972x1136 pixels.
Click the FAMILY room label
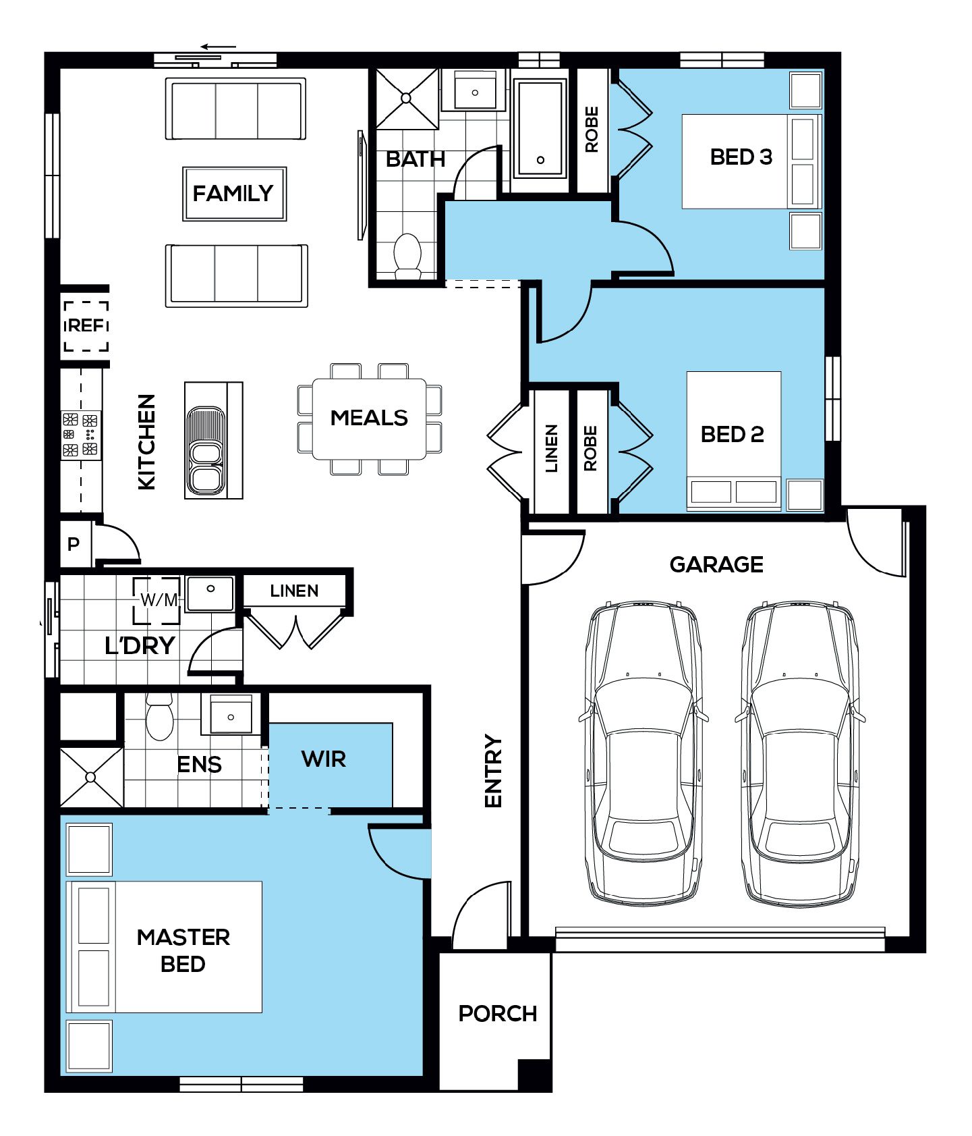233,194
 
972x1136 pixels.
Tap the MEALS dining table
369,418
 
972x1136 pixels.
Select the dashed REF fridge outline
86,326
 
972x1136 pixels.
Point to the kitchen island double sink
206,450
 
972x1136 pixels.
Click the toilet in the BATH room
407,255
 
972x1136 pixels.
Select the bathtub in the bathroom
540,128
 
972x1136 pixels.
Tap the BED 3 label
741,157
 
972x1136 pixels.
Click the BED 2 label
733,434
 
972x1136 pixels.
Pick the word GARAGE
716,564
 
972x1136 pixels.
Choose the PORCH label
498,1013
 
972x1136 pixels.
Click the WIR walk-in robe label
324,759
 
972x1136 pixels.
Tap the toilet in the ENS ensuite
160,718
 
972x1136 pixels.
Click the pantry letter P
74,544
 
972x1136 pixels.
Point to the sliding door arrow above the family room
219,47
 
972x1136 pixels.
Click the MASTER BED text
183,950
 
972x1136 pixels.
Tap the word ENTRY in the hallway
494,771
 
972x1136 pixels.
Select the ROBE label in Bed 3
592,130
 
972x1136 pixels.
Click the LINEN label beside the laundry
294,591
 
